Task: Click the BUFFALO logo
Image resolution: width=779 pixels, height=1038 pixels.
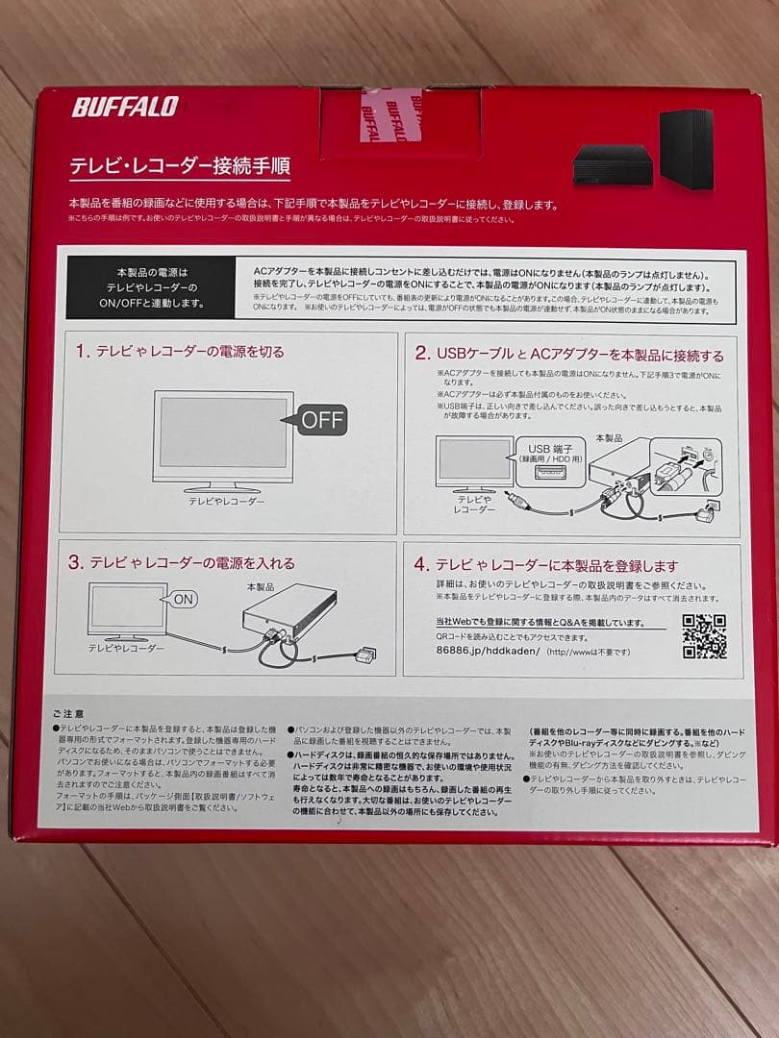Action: pos(124,106)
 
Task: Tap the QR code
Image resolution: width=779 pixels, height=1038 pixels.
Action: pos(704,636)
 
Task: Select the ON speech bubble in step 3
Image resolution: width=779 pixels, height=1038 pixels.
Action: pos(183,598)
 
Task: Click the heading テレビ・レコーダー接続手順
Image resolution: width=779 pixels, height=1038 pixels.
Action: pos(179,166)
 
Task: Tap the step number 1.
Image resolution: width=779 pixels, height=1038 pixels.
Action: pos(82,352)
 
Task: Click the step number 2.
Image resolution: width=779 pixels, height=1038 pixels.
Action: pos(420,355)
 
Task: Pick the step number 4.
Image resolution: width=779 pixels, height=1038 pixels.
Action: pos(420,565)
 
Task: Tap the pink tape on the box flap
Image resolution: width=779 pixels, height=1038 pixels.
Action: pos(390,114)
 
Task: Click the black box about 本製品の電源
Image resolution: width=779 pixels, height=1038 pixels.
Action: pos(151,287)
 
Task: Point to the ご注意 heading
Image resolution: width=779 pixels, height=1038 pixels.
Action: pos(68,714)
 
